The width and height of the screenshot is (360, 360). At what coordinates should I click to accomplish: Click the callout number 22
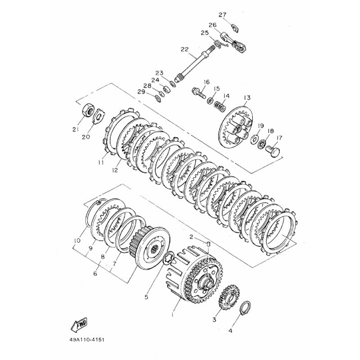click(x=184, y=49)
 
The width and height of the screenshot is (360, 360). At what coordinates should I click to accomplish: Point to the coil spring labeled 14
click(x=220, y=107)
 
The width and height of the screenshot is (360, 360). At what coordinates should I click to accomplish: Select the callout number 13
click(x=247, y=98)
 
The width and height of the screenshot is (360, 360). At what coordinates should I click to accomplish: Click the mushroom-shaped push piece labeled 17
click(x=274, y=152)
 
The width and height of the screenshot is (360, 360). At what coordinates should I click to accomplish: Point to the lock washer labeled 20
click(x=100, y=116)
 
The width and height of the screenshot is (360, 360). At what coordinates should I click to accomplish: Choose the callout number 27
click(x=222, y=15)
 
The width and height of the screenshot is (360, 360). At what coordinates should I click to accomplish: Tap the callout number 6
click(x=95, y=274)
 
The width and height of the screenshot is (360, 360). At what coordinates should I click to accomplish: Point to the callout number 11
click(x=101, y=162)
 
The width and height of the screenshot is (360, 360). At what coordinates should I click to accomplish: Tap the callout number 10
click(x=77, y=240)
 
